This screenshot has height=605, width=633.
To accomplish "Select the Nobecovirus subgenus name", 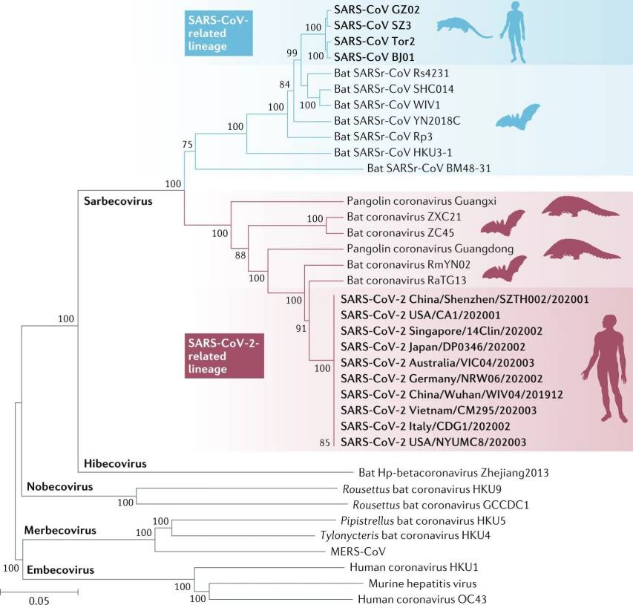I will pyautogui.click(x=59, y=486).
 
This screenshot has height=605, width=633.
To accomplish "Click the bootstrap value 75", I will pyautogui.click(x=188, y=143).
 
